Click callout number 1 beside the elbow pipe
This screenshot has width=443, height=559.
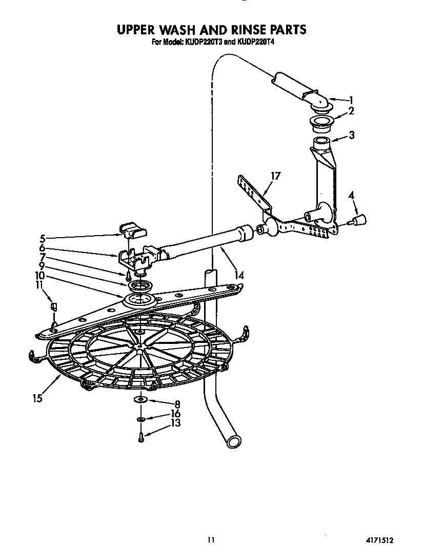(x=351, y=100)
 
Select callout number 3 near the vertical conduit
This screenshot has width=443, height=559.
(x=351, y=136)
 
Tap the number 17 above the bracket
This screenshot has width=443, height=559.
(x=275, y=177)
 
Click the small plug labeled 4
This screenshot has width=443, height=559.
(x=360, y=220)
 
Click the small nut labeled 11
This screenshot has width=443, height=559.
(x=54, y=307)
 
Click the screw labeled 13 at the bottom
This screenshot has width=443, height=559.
(x=141, y=437)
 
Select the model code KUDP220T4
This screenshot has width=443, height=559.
(x=255, y=43)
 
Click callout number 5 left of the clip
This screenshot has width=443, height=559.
(x=43, y=238)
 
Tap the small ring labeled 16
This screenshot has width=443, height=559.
(x=141, y=419)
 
